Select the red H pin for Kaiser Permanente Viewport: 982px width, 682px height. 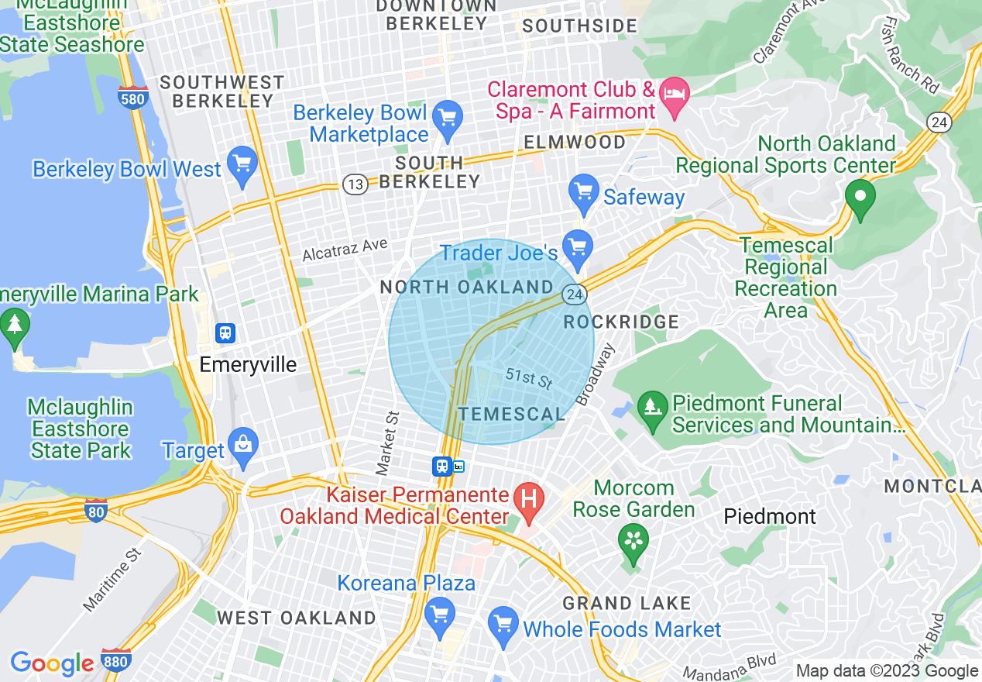pos(530,497)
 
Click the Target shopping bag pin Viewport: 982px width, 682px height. pos(243,446)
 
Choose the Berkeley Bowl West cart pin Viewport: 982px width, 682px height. pos(243,164)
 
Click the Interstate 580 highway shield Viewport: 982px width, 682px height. pos(133,98)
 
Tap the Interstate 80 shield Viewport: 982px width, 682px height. pos(95,510)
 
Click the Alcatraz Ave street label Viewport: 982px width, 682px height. pos(344,249)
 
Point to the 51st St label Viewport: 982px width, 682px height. pos(529,379)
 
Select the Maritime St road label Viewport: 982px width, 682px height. pos(112,578)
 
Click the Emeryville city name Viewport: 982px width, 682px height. pos(248,365)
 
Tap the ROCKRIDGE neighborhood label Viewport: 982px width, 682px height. pos(621,322)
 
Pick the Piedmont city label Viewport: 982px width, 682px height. pos(770,517)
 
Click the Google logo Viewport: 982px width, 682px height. pos(52,663)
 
